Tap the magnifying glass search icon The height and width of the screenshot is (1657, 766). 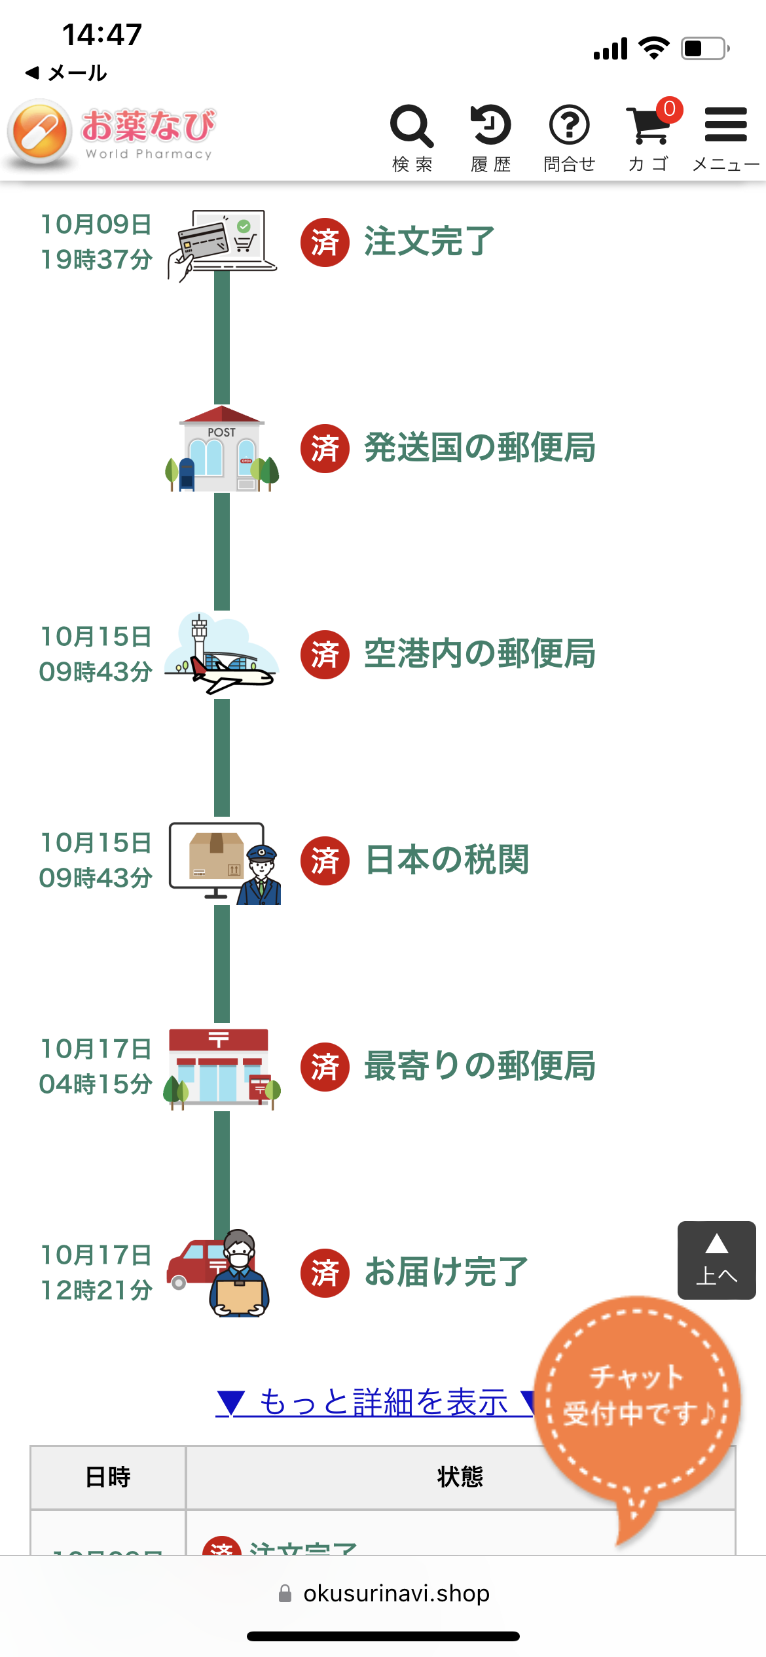(412, 126)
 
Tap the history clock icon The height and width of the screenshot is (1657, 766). (490, 124)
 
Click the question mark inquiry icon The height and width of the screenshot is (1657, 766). (569, 125)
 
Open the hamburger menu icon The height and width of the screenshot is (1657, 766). (725, 125)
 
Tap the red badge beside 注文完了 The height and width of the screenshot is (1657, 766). (325, 242)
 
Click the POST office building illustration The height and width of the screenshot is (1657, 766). (222, 450)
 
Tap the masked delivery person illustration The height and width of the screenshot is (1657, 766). (239, 1273)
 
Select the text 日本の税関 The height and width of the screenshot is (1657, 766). (447, 860)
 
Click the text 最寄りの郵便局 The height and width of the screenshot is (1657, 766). (479, 1066)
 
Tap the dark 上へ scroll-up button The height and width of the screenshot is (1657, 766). (716, 1260)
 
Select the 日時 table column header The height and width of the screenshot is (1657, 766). (108, 1477)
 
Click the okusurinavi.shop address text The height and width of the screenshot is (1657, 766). (396, 1594)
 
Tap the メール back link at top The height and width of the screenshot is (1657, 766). (67, 73)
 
